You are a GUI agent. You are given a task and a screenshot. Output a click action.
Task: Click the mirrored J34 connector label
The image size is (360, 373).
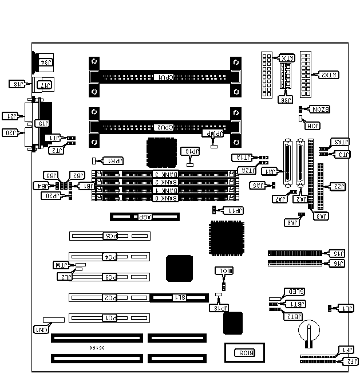[45, 62]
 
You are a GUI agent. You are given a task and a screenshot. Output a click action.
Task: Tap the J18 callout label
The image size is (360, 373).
[18, 84]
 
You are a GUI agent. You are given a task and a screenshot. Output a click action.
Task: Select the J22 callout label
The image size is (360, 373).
[339, 186]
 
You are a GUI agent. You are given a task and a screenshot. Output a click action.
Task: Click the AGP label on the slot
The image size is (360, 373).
[135, 217]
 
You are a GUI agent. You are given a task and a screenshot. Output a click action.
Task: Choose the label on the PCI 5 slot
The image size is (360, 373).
[109, 235]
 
